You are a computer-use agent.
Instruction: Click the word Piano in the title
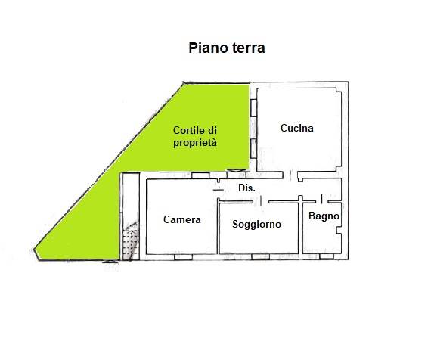[207, 48]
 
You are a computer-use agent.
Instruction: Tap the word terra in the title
[247, 48]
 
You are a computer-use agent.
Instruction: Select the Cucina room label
[296, 128]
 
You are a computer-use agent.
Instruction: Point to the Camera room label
[182, 219]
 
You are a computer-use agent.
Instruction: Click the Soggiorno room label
[256, 224]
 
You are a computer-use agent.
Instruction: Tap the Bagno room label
[324, 216]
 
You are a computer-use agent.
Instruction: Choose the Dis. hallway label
[246, 188]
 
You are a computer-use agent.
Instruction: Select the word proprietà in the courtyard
[195, 143]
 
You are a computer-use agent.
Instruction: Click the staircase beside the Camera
[130, 241]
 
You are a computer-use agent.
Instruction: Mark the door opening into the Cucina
[290, 175]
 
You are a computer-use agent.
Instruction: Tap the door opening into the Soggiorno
[261, 201]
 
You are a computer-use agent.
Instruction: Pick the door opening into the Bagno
[321, 199]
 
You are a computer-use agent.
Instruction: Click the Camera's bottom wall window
[183, 257]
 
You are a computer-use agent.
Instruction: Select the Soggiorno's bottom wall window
[260, 257]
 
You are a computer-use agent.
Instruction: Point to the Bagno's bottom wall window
[327, 256]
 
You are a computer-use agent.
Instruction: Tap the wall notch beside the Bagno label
[339, 231]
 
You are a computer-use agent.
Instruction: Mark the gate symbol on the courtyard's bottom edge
[110, 261]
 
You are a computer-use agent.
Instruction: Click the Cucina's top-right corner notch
[339, 90]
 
